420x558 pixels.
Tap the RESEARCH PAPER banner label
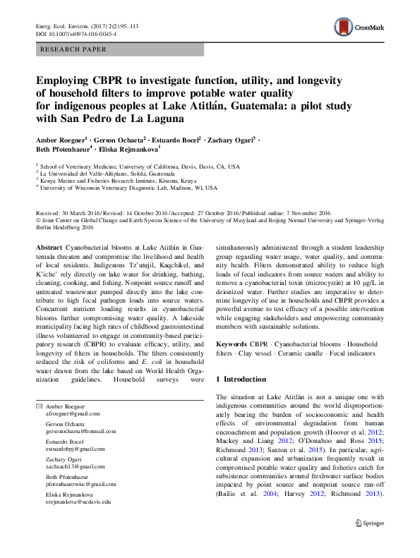coord(75,49)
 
